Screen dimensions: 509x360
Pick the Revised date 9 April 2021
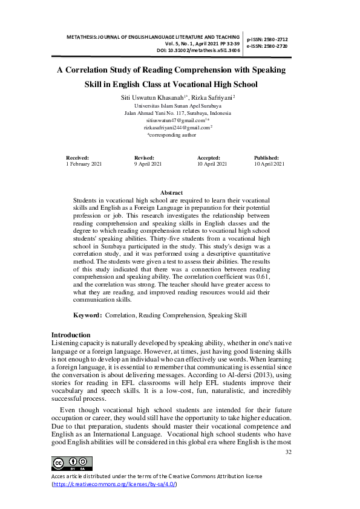[148, 164]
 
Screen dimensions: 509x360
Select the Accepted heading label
[208, 157]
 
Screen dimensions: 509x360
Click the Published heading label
[266, 157]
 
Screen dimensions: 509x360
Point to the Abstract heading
[171, 192]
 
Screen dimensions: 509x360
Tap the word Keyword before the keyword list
[87, 316]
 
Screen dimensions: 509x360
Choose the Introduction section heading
[71, 335]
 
